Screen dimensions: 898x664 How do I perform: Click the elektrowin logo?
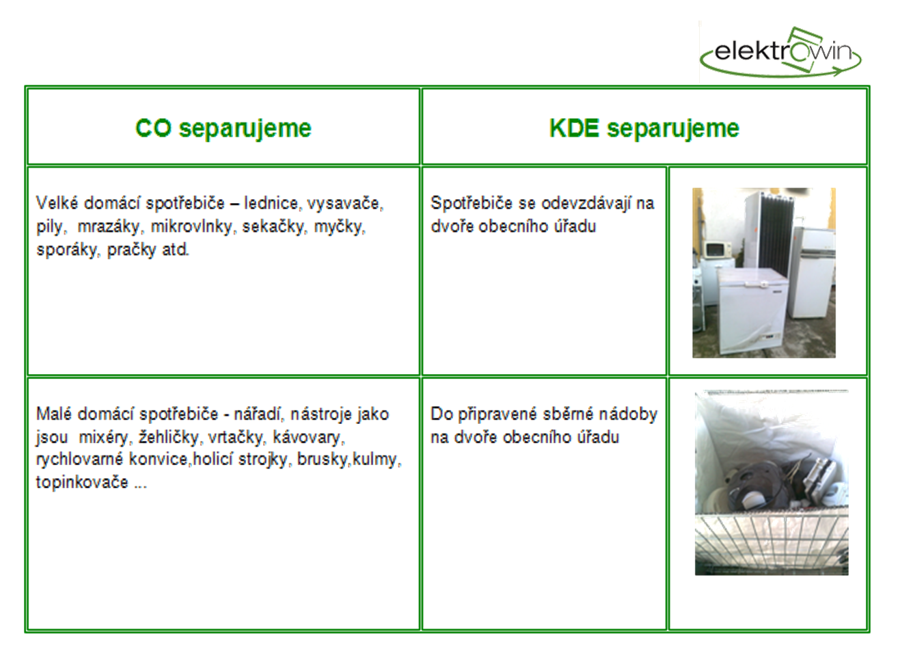click(x=780, y=52)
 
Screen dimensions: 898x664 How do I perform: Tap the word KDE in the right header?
click(x=573, y=129)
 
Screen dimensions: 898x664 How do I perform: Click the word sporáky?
click(x=67, y=250)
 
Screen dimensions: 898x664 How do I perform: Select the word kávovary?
click(x=308, y=438)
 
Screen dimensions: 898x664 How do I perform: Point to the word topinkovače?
click(x=82, y=483)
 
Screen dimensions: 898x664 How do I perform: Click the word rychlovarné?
click(x=79, y=460)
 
